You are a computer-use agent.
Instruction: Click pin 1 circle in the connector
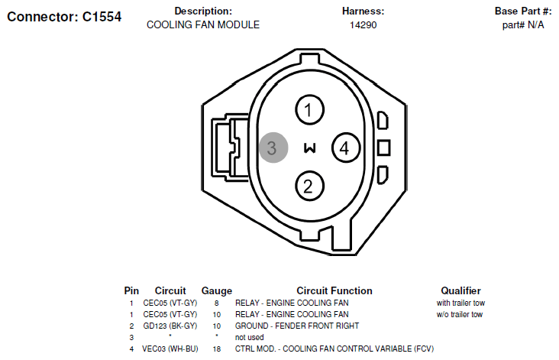(x=309, y=109)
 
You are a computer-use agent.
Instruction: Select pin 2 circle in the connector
(x=309, y=186)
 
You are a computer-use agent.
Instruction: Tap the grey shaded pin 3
(x=273, y=148)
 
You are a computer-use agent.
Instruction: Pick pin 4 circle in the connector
(x=346, y=148)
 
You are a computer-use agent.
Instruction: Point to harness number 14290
(x=363, y=25)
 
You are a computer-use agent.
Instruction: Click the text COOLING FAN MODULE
(x=203, y=24)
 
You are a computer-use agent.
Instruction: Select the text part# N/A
(x=523, y=25)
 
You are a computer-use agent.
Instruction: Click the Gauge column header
(x=217, y=290)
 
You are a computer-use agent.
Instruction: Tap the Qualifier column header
(x=460, y=290)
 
